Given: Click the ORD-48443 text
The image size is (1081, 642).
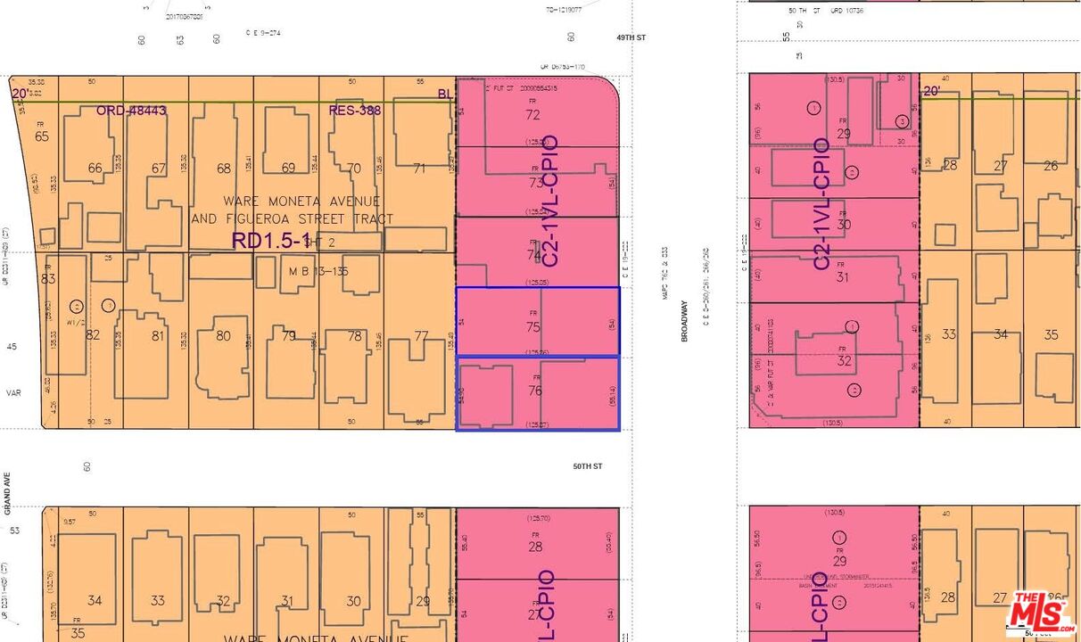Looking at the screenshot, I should [132, 111].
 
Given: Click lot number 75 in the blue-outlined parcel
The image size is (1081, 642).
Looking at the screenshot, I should [533, 326].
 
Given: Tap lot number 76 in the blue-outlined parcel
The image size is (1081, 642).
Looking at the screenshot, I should [535, 391].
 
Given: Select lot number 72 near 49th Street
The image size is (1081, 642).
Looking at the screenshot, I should [532, 115].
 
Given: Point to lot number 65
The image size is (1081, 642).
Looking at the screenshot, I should [42, 136].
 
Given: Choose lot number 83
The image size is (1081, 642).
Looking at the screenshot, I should [49, 279].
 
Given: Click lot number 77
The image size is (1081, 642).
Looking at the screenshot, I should [422, 336].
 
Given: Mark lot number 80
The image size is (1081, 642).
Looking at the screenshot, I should [223, 336].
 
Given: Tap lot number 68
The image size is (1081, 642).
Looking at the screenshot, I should [223, 169].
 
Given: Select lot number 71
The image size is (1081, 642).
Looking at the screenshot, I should [421, 169].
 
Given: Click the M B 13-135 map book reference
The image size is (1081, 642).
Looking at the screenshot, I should [318, 271].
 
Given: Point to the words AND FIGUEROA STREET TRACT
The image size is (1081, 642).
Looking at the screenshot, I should [292, 218].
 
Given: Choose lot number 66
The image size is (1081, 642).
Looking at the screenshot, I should [95, 169].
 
